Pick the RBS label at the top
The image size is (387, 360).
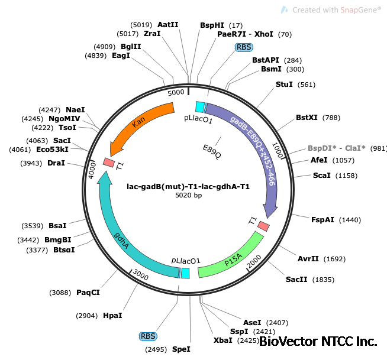(243, 47)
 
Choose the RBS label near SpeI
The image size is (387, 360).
(148, 336)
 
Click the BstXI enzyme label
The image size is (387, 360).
(307, 118)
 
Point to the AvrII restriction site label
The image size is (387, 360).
(308, 259)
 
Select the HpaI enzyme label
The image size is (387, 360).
(112, 316)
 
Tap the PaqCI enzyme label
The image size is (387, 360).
(88, 292)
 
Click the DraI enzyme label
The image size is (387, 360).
(56, 163)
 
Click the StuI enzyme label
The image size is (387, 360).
(284, 85)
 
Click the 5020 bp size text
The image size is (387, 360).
(188, 196)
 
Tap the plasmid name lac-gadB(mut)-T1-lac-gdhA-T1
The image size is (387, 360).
(188, 186)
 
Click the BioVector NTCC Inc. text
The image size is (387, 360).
(318, 342)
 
